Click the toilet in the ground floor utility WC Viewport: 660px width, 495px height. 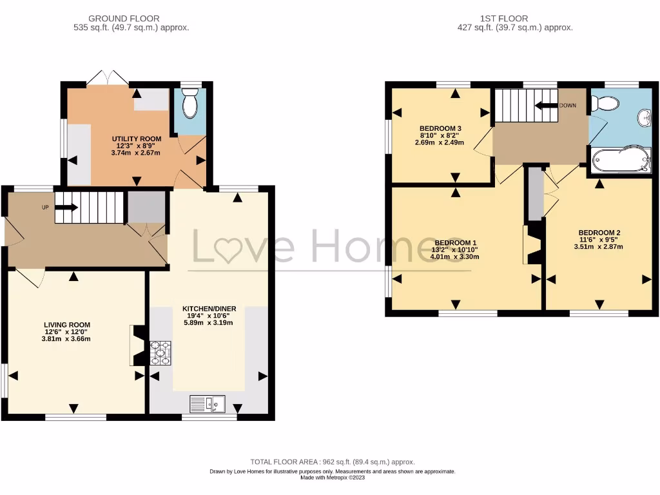click(x=189, y=105)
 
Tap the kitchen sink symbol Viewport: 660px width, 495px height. click(x=208, y=403)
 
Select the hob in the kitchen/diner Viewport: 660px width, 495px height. click(x=162, y=353)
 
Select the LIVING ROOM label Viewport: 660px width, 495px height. click(x=67, y=325)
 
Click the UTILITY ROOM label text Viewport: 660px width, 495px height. click(x=135, y=139)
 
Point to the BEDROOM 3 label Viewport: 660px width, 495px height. click(x=441, y=128)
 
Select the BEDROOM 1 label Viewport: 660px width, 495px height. click(x=456, y=242)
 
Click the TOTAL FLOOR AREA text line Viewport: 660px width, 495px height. click(x=333, y=462)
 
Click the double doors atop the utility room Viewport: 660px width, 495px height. click(x=108, y=78)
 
